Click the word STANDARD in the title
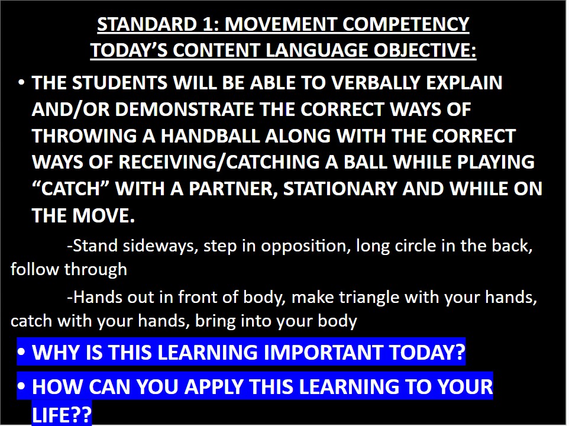tap(147, 24)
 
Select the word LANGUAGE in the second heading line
tap(317, 50)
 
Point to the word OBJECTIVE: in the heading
tap(425, 50)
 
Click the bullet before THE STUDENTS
tap(21, 83)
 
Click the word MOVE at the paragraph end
tap(104, 215)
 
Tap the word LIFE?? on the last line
tap(62, 414)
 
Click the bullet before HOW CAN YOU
tap(21, 387)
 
